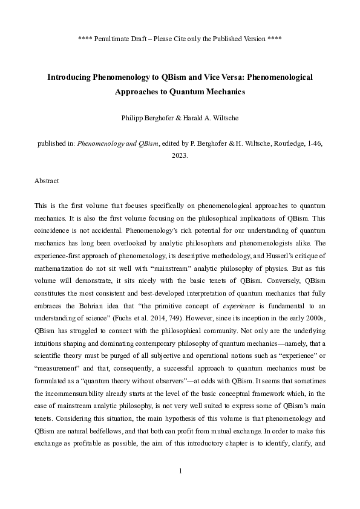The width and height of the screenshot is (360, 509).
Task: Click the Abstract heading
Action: (x=47, y=181)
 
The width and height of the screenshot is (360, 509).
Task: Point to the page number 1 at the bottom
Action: (x=180, y=470)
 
